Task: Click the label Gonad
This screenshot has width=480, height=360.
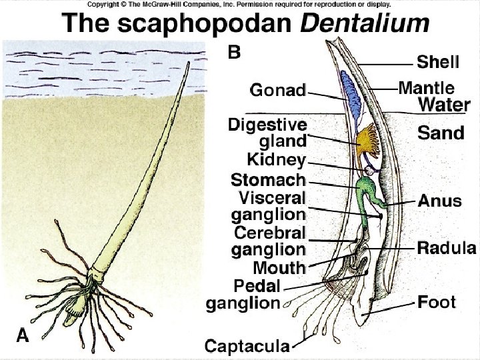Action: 277,89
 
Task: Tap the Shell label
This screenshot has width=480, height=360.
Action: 438,62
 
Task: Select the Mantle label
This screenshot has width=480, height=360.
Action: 427,87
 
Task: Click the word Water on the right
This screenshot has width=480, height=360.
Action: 444,105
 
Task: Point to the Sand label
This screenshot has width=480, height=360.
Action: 441,133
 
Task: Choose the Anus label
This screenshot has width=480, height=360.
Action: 440,201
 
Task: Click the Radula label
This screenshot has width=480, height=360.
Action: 447,249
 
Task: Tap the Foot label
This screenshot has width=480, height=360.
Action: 437,303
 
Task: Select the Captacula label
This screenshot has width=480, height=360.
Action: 247,346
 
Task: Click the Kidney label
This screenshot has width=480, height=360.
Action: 276,160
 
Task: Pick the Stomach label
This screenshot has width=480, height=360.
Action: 268,179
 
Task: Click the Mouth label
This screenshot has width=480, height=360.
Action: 279,268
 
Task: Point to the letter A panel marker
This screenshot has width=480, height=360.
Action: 23,336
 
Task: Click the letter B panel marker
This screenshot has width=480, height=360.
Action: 235,51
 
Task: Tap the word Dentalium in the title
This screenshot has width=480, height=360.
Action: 364,24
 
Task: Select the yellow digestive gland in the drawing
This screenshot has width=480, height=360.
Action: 366,141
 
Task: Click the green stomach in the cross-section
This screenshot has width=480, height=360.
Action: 366,189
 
